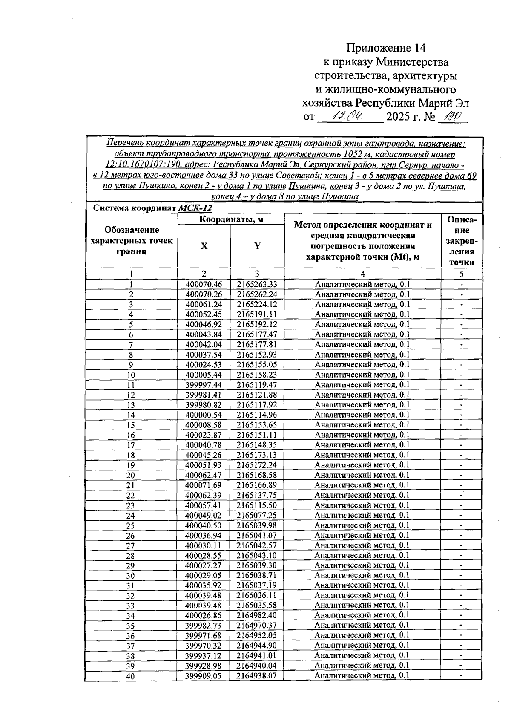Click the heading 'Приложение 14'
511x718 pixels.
coord(386,47)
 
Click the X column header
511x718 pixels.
coord(204,246)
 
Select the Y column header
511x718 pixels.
coord(257,246)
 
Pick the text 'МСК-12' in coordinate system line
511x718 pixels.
coord(195,208)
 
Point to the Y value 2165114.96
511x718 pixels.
coord(257,415)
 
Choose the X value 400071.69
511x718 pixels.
coord(204,485)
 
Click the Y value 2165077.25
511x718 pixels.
coord(257,516)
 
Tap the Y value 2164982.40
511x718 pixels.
coord(257,615)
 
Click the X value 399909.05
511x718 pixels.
coord(204,676)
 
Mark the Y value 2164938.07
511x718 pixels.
coord(257,676)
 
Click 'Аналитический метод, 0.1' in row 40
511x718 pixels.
coord(362,676)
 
